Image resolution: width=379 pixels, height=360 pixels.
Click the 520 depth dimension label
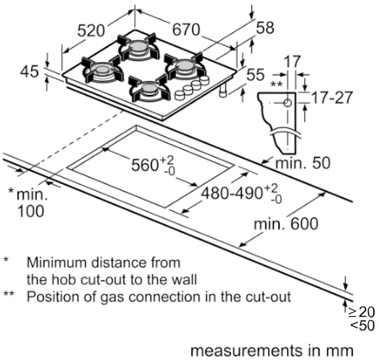[91, 30]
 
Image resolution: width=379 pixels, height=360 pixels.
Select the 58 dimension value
[265, 27]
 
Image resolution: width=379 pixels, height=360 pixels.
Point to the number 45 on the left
[29, 72]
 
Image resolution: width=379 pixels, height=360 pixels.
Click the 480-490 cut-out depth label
[232, 193]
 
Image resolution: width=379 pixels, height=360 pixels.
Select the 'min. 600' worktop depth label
[285, 223]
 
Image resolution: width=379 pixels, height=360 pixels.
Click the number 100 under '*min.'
[31, 211]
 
